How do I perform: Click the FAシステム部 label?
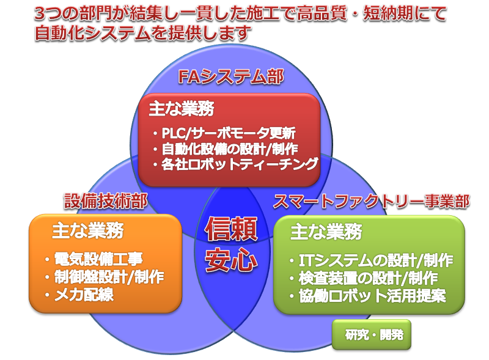click(231, 77)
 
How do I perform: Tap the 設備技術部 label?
click(106, 201)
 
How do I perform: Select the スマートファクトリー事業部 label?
click(372, 201)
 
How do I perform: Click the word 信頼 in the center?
click(231, 229)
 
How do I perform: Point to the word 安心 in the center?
click(231, 260)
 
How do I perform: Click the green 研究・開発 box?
click(372, 335)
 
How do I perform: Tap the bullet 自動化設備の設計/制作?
click(226, 149)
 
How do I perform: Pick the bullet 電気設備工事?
click(94, 259)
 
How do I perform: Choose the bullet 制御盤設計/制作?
click(105, 277)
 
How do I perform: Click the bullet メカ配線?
click(79, 295)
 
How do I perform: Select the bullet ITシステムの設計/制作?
click(371, 260)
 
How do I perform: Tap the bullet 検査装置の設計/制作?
click(364, 278)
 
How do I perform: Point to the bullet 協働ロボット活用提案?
click(368, 296)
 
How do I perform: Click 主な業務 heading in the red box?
click(182, 109)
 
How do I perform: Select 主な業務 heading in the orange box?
click(87, 231)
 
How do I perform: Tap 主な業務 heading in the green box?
click(326, 232)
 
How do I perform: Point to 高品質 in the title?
click(322, 13)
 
